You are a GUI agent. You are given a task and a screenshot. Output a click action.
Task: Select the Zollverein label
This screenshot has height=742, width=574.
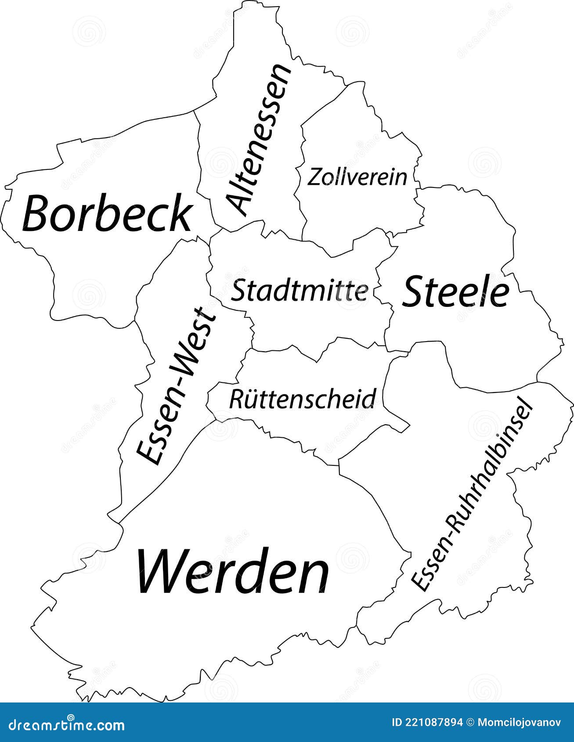(357, 177)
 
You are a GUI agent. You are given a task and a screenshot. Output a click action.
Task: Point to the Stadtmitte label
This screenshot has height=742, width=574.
(300, 291)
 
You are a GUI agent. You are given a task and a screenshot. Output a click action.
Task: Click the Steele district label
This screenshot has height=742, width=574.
(455, 292)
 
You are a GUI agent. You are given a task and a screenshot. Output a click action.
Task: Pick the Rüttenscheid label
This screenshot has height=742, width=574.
(302, 399)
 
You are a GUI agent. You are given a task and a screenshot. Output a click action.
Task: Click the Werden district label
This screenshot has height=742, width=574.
(233, 571)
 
